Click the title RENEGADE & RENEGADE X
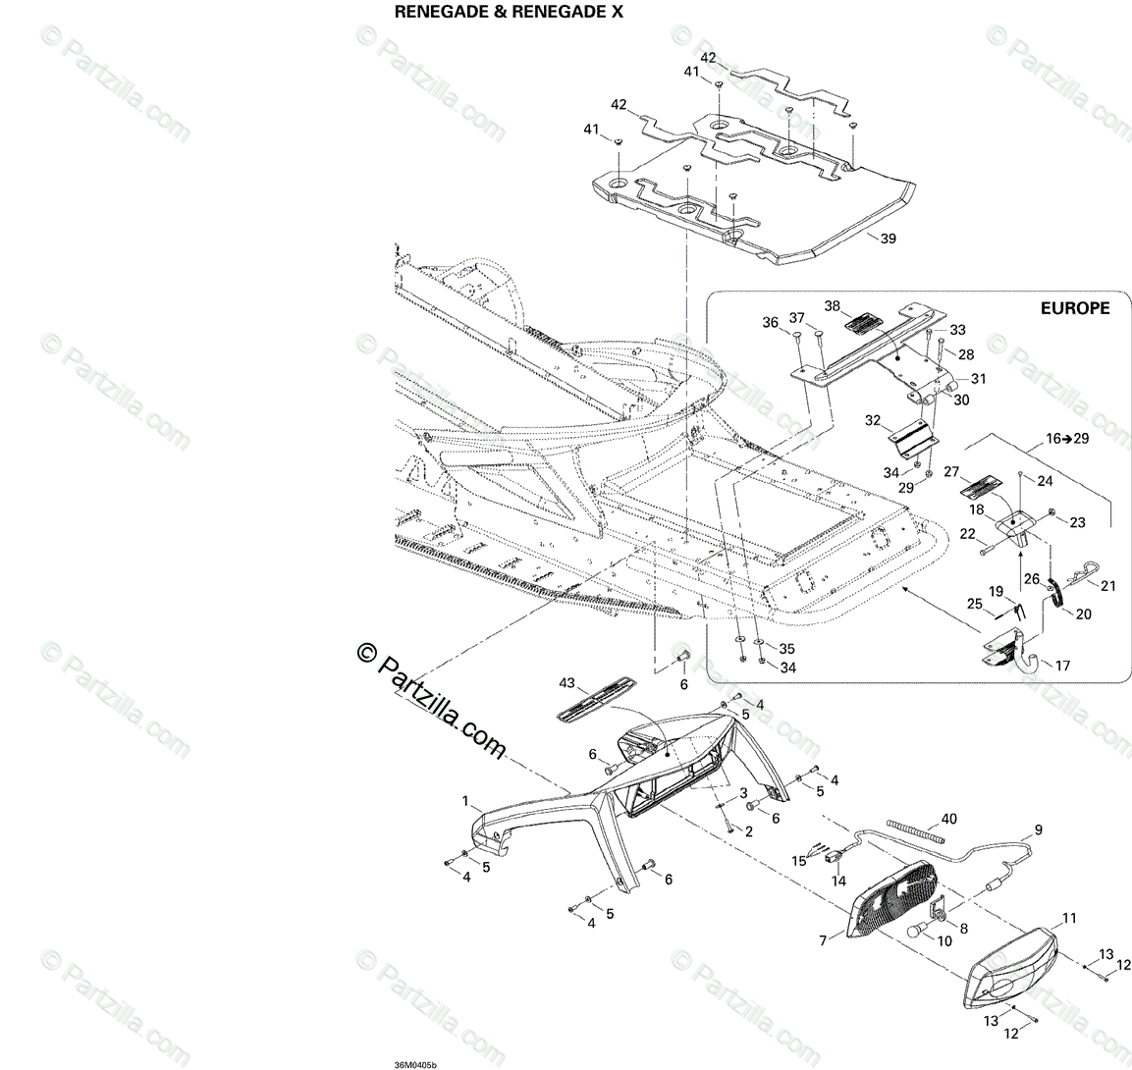point(508,13)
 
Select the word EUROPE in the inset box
point(1075,308)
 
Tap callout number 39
point(889,239)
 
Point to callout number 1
point(465,802)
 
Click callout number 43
point(566,683)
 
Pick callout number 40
point(948,818)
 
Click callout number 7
point(823,939)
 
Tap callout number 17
point(1062,665)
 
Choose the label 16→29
point(1068,439)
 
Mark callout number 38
point(833,305)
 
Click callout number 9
point(1038,829)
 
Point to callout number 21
point(1107,586)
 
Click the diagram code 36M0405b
point(409,1062)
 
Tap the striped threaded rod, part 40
point(914,830)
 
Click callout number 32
point(873,420)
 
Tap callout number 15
point(800,861)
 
